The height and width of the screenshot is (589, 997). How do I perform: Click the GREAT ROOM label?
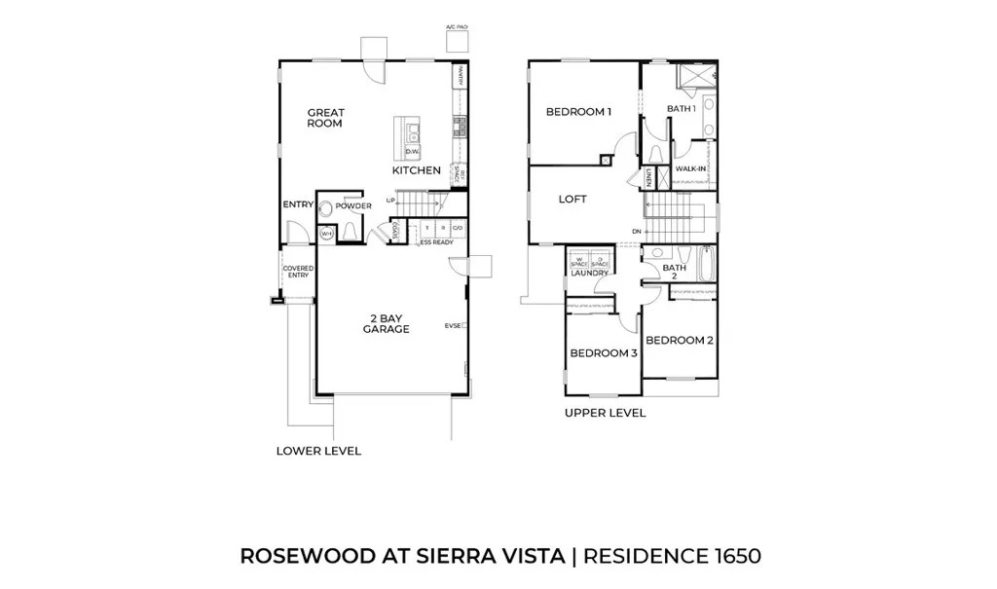pyautogui.click(x=324, y=118)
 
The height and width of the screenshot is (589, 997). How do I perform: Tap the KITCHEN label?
pyautogui.click(x=417, y=170)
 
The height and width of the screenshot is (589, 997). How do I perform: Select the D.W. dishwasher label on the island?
pyautogui.click(x=412, y=151)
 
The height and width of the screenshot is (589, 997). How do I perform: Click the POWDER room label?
pyautogui.click(x=353, y=206)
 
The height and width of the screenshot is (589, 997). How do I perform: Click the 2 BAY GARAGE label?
pyautogui.click(x=386, y=323)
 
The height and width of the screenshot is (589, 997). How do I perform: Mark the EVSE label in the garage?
pyautogui.click(x=452, y=325)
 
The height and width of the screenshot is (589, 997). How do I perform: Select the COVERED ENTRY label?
pyautogui.click(x=296, y=272)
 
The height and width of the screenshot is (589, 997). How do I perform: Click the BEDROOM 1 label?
pyautogui.click(x=578, y=112)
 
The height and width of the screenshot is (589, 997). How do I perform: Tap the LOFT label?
pyautogui.click(x=572, y=199)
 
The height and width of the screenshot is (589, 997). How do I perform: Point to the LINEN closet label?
pyautogui.click(x=648, y=177)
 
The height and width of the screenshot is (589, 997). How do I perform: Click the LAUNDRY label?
pyautogui.click(x=589, y=274)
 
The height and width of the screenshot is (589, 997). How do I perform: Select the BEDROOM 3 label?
pyautogui.click(x=603, y=353)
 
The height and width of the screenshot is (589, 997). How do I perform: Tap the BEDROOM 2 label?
pyautogui.click(x=680, y=341)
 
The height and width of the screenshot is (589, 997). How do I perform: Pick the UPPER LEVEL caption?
pyautogui.click(x=605, y=413)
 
